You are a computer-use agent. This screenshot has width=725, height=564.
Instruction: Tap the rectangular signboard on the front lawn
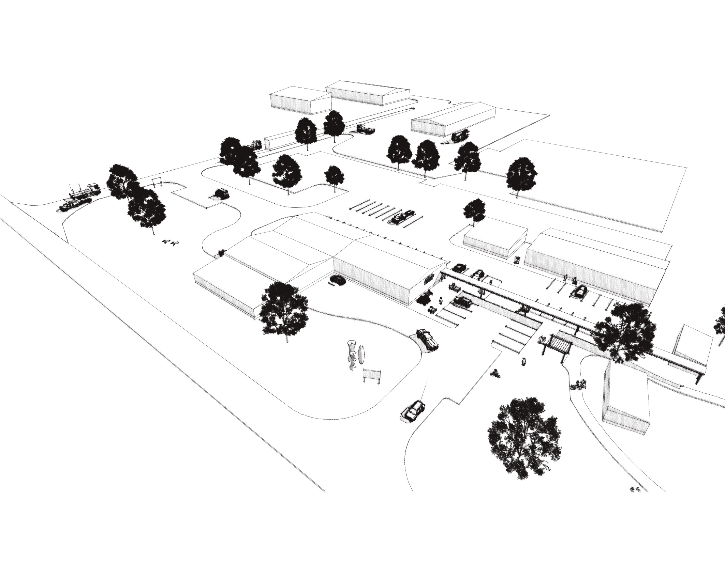coord(371,375)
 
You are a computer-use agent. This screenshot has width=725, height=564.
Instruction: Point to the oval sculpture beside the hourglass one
coord(362,355)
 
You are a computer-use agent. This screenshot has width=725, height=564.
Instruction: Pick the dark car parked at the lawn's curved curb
coord(427,339)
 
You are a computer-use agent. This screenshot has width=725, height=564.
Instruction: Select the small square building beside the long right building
coord(494,240)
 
